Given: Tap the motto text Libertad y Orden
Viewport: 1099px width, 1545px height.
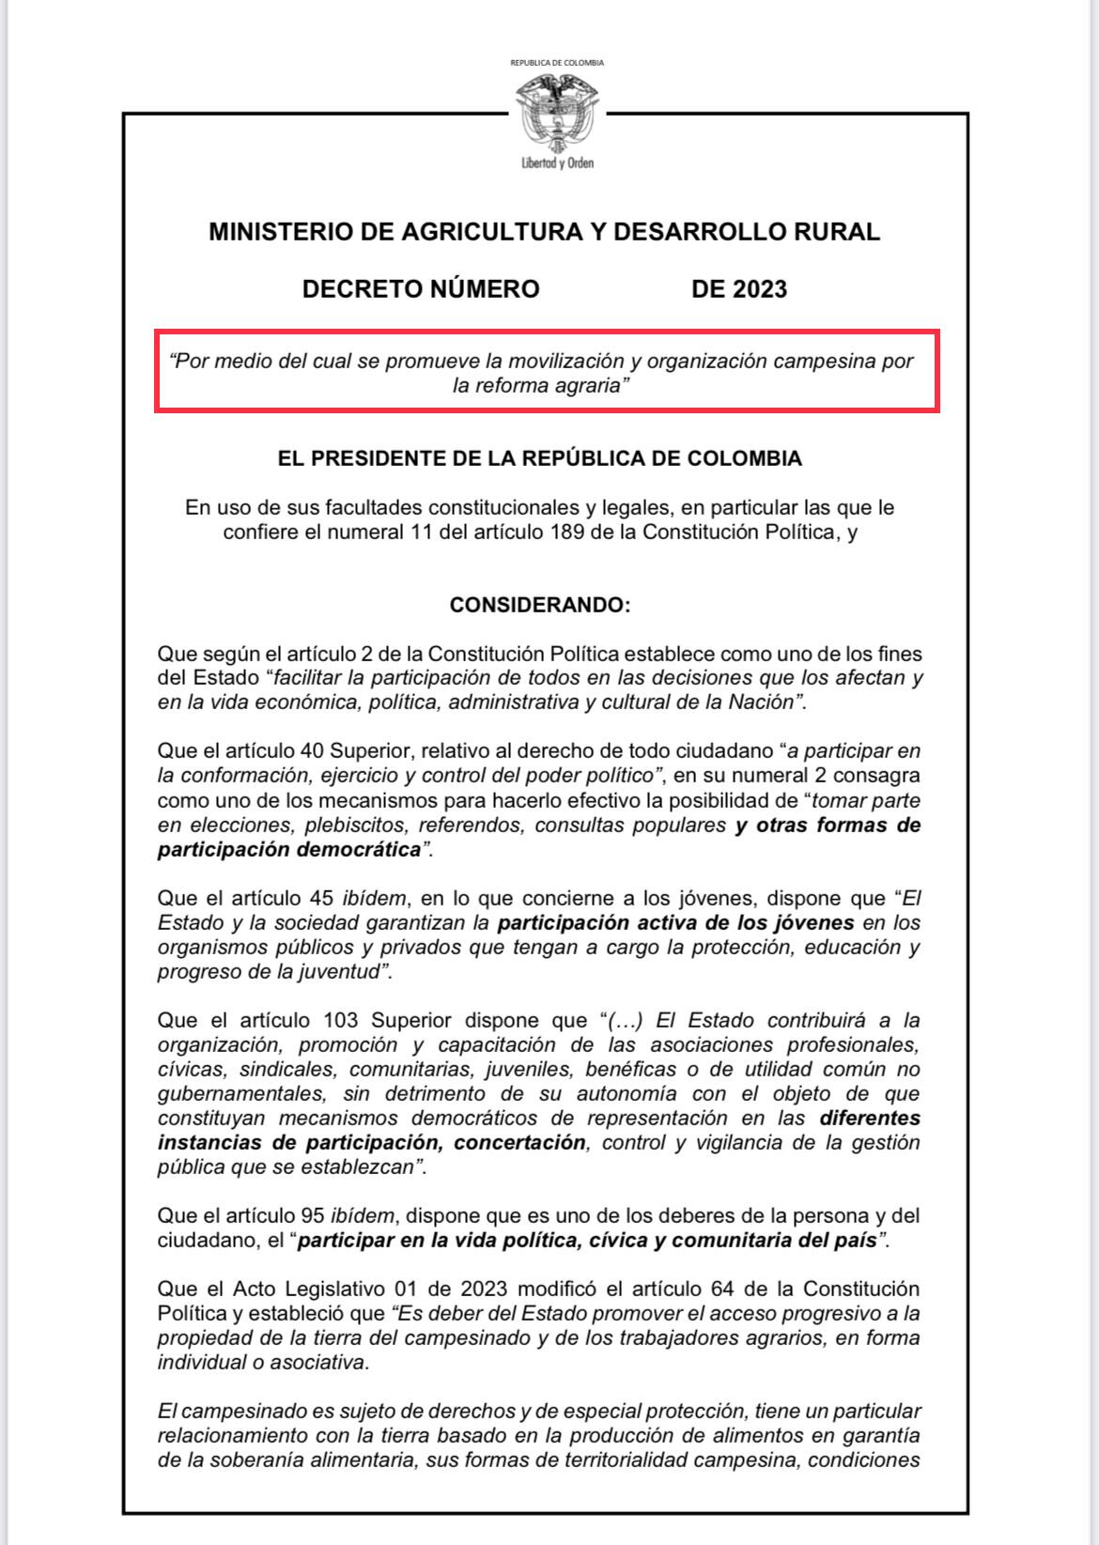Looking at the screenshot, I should [x=557, y=163].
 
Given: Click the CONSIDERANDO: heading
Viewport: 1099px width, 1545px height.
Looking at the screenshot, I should [x=540, y=605].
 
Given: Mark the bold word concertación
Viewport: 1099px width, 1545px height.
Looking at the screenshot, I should [x=519, y=1143].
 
